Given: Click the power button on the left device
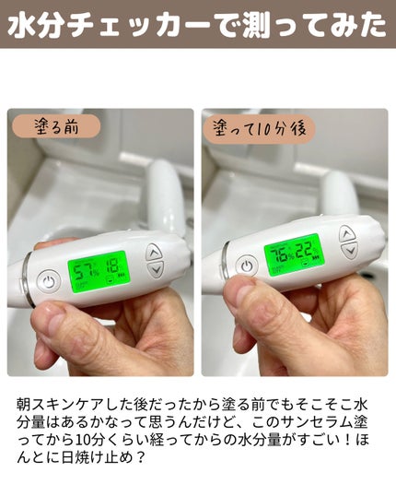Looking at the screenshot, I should click(49, 278).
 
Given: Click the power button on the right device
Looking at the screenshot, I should click(245, 266).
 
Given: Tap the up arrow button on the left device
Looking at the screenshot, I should click(154, 252).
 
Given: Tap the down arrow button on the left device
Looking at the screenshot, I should click(155, 270).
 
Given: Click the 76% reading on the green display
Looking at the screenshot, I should click(280, 254).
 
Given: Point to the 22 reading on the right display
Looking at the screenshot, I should click(307, 248).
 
